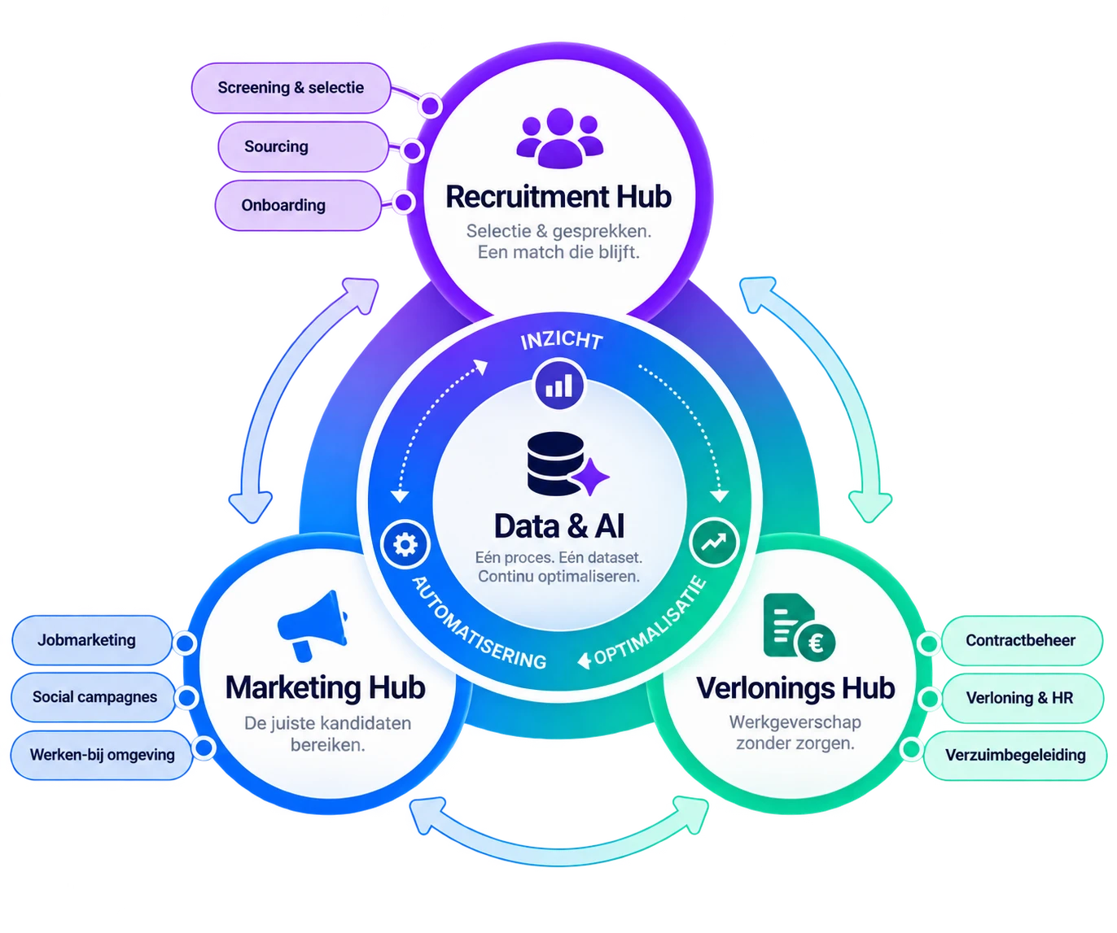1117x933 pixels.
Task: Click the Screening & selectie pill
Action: point(291,88)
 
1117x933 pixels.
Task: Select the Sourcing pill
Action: point(303,146)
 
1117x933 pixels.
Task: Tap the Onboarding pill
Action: point(298,205)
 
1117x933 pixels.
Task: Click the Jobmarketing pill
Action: point(91,640)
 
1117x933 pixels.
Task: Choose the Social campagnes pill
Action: point(93,697)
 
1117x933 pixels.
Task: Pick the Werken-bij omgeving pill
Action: point(102,755)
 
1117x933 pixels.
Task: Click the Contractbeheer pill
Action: point(1022,640)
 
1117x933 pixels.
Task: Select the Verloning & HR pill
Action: point(1023,698)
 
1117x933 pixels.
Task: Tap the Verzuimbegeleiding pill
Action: point(1014,756)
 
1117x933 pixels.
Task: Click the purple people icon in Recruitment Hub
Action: point(559,137)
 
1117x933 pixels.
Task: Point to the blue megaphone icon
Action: point(313,626)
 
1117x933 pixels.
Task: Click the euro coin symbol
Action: point(815,643)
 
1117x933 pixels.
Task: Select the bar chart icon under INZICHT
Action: point(559,385)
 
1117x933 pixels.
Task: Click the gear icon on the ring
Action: point(405,545)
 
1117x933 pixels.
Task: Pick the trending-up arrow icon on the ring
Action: point(714,543)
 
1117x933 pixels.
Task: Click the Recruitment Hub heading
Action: point(558,196)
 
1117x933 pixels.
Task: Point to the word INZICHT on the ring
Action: point(562,340)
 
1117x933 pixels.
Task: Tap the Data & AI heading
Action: point(559,526)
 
